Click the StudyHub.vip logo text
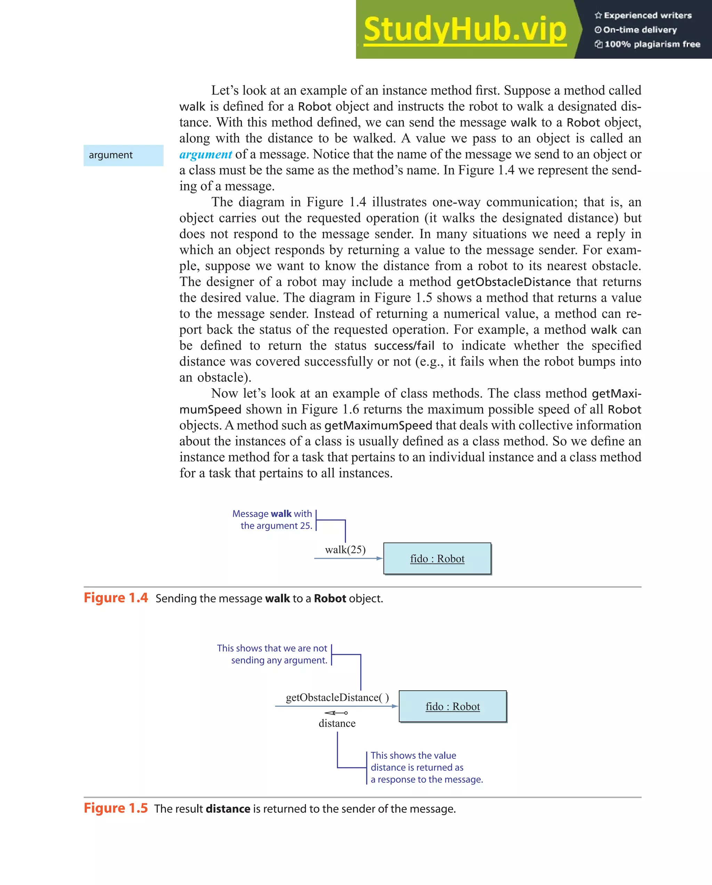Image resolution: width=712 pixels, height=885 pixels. tap(464, 30)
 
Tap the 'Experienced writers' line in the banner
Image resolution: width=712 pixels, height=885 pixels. tap(643, 16)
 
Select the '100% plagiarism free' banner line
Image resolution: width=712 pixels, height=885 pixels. tap(648, 44)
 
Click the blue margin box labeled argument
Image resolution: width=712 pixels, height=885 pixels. tap(123, 155)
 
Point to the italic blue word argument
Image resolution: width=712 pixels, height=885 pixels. tap(205, 154)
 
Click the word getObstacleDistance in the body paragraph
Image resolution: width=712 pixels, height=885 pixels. tap(513, 282)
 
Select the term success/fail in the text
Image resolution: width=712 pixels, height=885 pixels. tap(404, 346)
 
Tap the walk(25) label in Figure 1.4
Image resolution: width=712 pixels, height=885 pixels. tap(345, 550)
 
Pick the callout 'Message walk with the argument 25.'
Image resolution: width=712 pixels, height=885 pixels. tap(273, 520)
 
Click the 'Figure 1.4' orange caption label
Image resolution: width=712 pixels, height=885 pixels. tap(116, 598)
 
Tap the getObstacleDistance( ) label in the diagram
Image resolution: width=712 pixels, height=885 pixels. tap(337, 698)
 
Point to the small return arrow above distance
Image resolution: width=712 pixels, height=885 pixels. tap(336, 713)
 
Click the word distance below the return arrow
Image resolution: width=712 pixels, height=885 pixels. tap(337, 723)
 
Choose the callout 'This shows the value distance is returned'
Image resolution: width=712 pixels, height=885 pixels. tap(426, 767)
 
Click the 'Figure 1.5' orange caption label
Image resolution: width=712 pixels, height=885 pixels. tap(116, 808)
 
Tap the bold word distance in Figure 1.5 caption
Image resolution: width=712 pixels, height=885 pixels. tap(228, 808)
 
